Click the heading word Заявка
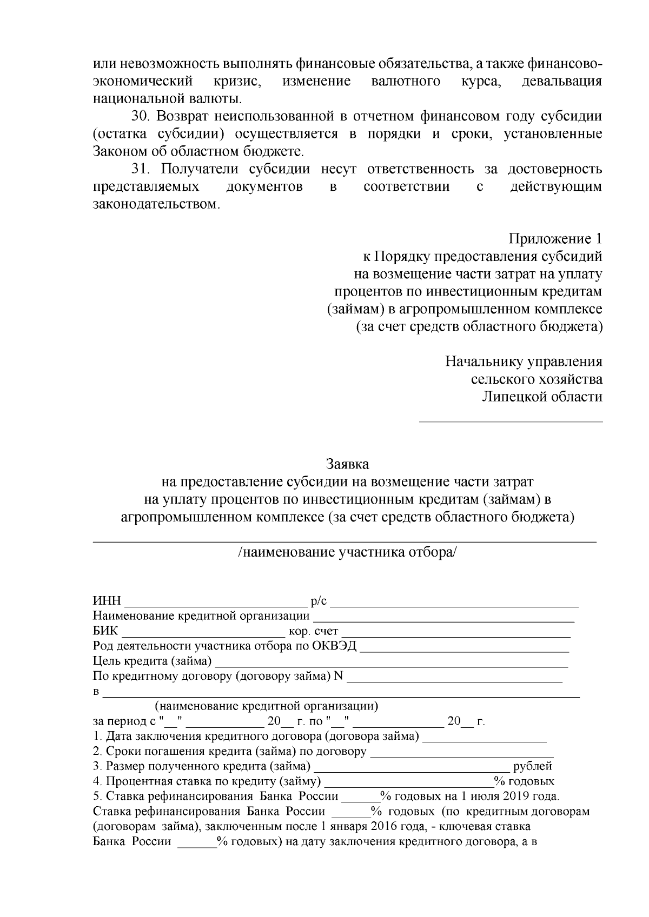pos(347,464)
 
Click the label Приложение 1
pos(555,238)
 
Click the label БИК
pos(105,631)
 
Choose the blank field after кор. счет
pos(457,632)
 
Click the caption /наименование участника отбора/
pos(347,552)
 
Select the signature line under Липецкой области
pos(511,421)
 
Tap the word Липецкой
pos(514,397)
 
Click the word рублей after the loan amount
pos(533,766)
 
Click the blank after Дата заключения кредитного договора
pos(484,737)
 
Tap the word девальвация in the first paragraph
pos(561,82)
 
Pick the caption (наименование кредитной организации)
pos(266,706)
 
